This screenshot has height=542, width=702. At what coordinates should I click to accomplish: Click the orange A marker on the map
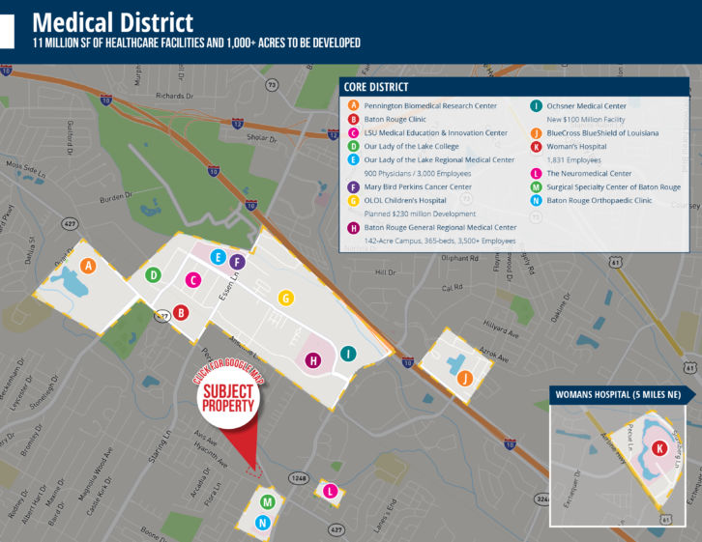click(x=89, y=266)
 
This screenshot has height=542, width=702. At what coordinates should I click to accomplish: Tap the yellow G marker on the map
click(x=285, y=299)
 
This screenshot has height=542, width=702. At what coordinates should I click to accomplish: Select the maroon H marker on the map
click(x=312, y=361)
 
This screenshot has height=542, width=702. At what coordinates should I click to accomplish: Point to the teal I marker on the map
click(x=348, y=354)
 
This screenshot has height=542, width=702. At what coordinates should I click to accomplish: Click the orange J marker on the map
click(x=466, y=378)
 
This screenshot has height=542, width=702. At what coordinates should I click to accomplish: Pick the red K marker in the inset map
click(x=658, y=448)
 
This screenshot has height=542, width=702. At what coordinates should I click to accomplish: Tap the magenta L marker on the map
click(x=332, y=491)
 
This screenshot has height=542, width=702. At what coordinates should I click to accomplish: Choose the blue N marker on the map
click(x=262, y=523)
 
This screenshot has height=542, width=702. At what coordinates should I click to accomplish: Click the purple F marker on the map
click(x=237, y=262)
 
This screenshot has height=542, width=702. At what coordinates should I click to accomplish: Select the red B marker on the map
click(x=181, y=312)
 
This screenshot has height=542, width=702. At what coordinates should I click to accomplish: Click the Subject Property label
click(x=228, y=398)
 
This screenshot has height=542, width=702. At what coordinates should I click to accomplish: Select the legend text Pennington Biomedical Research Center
click(x=430, y=105)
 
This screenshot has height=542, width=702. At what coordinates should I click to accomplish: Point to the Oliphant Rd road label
click(x=460, y=258)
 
